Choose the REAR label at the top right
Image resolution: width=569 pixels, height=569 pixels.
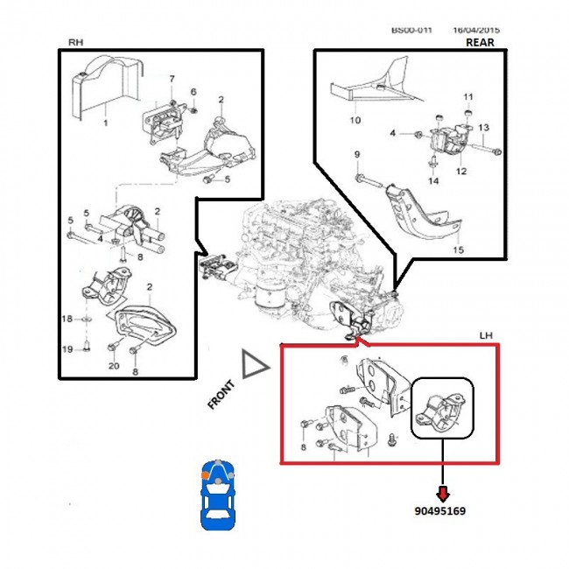[x=480, y=42]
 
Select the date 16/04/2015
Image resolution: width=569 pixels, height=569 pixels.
[x=475, y=29]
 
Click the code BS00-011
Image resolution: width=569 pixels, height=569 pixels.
[x=412, y=29]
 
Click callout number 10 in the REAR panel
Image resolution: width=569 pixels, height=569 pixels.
[x=355, y=120]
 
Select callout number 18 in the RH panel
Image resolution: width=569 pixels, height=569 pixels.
[x=68, y=321]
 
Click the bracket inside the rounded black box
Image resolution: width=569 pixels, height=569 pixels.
[x=443, y=411]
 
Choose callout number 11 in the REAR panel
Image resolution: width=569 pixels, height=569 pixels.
[x=467, y=96]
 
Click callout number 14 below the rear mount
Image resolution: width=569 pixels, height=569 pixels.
[x=432, y=180]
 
